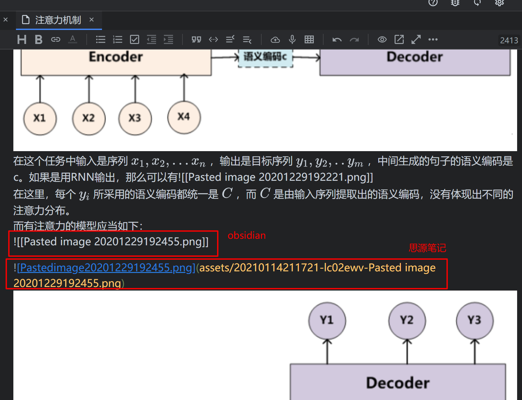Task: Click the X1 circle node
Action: click(x=40, y=118)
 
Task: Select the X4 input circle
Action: click(x=184, y=117)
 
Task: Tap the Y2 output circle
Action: click(x=407, y=320)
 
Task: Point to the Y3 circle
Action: click(x=475, y=320)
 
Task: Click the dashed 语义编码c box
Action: click(x=266, y=58)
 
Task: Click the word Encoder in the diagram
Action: click(x=116, y=57)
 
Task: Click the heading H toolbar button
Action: click(x=22, y=39)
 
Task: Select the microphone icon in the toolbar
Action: click(x=292, y=39)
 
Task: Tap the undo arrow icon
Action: click(x=337, y=40)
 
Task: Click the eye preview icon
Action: click(x=382, y=39)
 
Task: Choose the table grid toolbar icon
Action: click(x=309, y=39)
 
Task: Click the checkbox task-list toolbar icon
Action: click(x=135, y=39)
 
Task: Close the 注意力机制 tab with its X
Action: click(x=92, y=20)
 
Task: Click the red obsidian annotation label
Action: click(x=247, y=236)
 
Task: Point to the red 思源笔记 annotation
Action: click(x=428, y=248)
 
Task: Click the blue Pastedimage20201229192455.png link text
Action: click(x=106, y=268)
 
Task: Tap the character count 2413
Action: click(x=509, y=40)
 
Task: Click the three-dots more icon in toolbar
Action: click(x=433, y=39)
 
